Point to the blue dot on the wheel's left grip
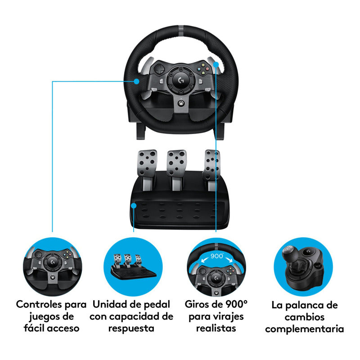click(x=137, y=81)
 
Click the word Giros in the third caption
click(x=199, y=304)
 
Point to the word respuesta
click(x=131, y=328)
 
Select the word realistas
click(x=216, y=328)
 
